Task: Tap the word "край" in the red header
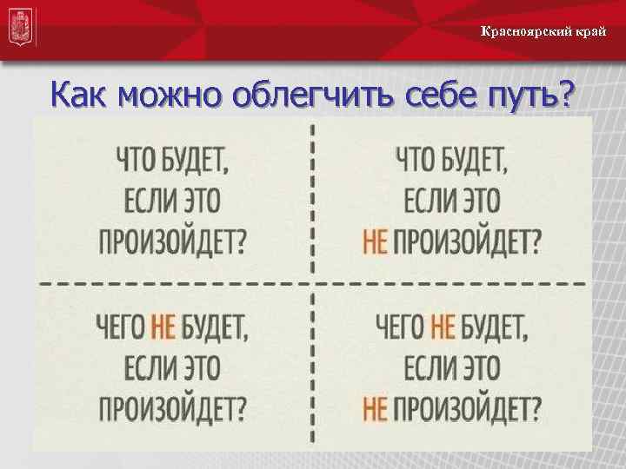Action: (x=589, y=32)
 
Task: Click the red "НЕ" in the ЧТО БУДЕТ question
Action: (x=374, y=240)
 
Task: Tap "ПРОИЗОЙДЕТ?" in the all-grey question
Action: (x=172, y=240)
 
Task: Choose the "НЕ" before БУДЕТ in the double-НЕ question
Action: (x=443, y=327)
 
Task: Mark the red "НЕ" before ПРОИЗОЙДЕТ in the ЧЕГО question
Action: (x=374, y=406)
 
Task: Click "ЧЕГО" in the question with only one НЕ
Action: (x=122, y=327)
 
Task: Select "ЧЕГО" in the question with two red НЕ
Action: (x=401, y=327)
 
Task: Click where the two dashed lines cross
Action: (x=311, y=284)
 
